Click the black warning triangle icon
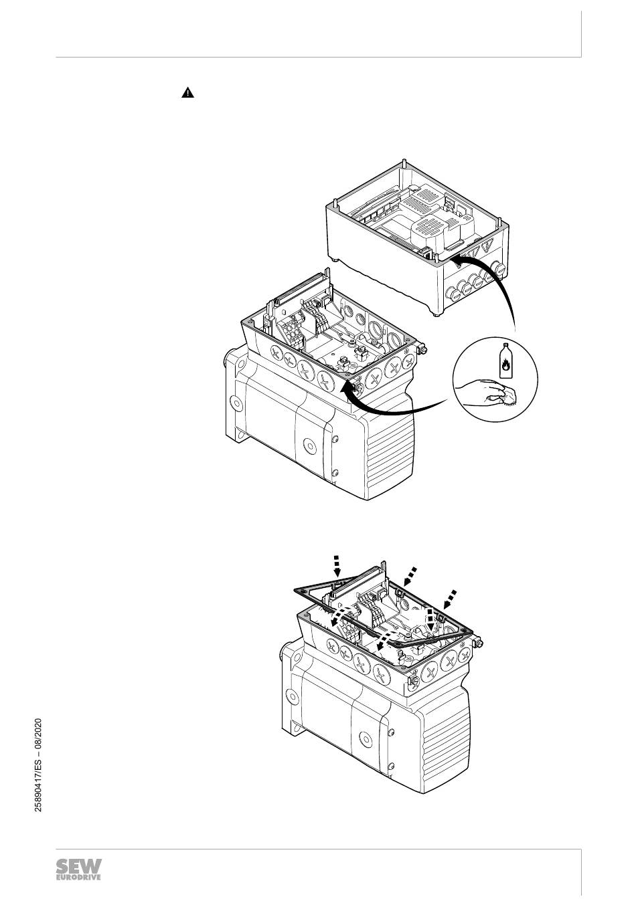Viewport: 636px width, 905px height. [x=187, y=93]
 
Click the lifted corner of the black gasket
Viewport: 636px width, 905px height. [x=296, y=591]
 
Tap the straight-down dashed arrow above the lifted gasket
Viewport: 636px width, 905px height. [x=336, y=567]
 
